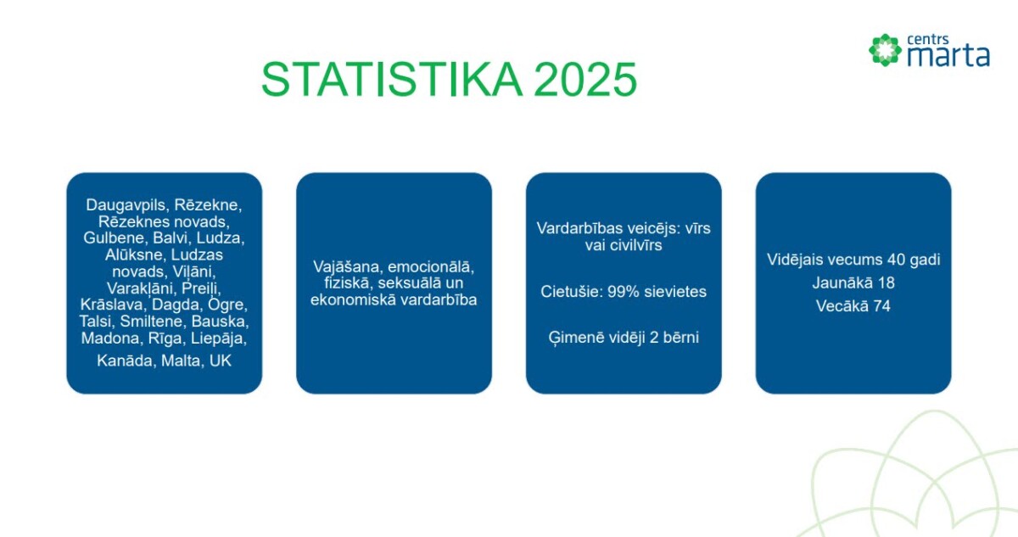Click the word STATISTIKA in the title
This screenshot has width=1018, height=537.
coord(392,79)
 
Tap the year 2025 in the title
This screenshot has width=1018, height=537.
coord(585,79)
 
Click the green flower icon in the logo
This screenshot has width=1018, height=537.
coord(885,50)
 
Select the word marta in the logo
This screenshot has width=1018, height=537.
coord(948,55)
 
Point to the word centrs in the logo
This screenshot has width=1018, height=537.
coord(927,40)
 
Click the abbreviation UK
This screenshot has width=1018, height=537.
coord(221,361)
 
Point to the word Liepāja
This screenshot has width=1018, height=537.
coord(219,338)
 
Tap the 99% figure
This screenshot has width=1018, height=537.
coord(623,292)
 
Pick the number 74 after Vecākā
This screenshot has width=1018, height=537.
coord(881,306)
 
